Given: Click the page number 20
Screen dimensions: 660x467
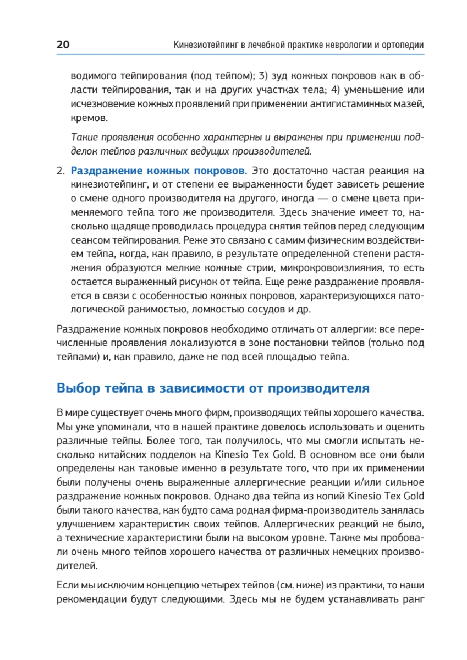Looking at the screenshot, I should click(62, 45).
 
